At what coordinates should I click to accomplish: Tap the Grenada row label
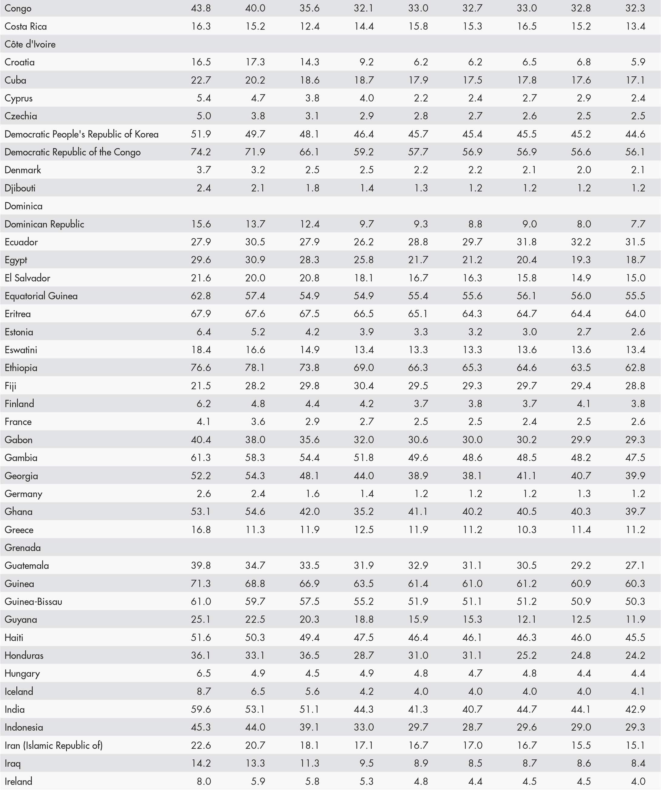pyautogui.click(x=23, y=547)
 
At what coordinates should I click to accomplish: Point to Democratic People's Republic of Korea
pyautogui.click(x=81, y=134)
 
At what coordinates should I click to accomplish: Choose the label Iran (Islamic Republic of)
pyautogui.click(x=53, y=745)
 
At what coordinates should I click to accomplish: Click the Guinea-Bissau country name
pyautogui.click(x=33, y=601)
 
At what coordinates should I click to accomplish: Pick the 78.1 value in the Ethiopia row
pyautogui.click(x=255, y=367)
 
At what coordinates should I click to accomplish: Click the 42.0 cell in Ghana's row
pyautogui.click(x=309, y=511)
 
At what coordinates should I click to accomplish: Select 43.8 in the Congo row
pyautogui.click(x=201, y=8)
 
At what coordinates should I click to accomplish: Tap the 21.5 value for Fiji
pyautogui.click(x=201, y=386)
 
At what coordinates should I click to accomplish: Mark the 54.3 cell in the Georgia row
pyautogui.click(x=255, y=476)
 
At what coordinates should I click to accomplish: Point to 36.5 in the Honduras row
pyautogui.click(x=309, y=655)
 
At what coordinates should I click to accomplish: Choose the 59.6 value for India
pyautogui.click(x=201, y=709)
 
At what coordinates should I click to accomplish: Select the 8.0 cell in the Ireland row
pyautogui.click(x=204, y=781)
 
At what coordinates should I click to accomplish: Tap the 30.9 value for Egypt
pyautogui.click(x=255, y=260)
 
